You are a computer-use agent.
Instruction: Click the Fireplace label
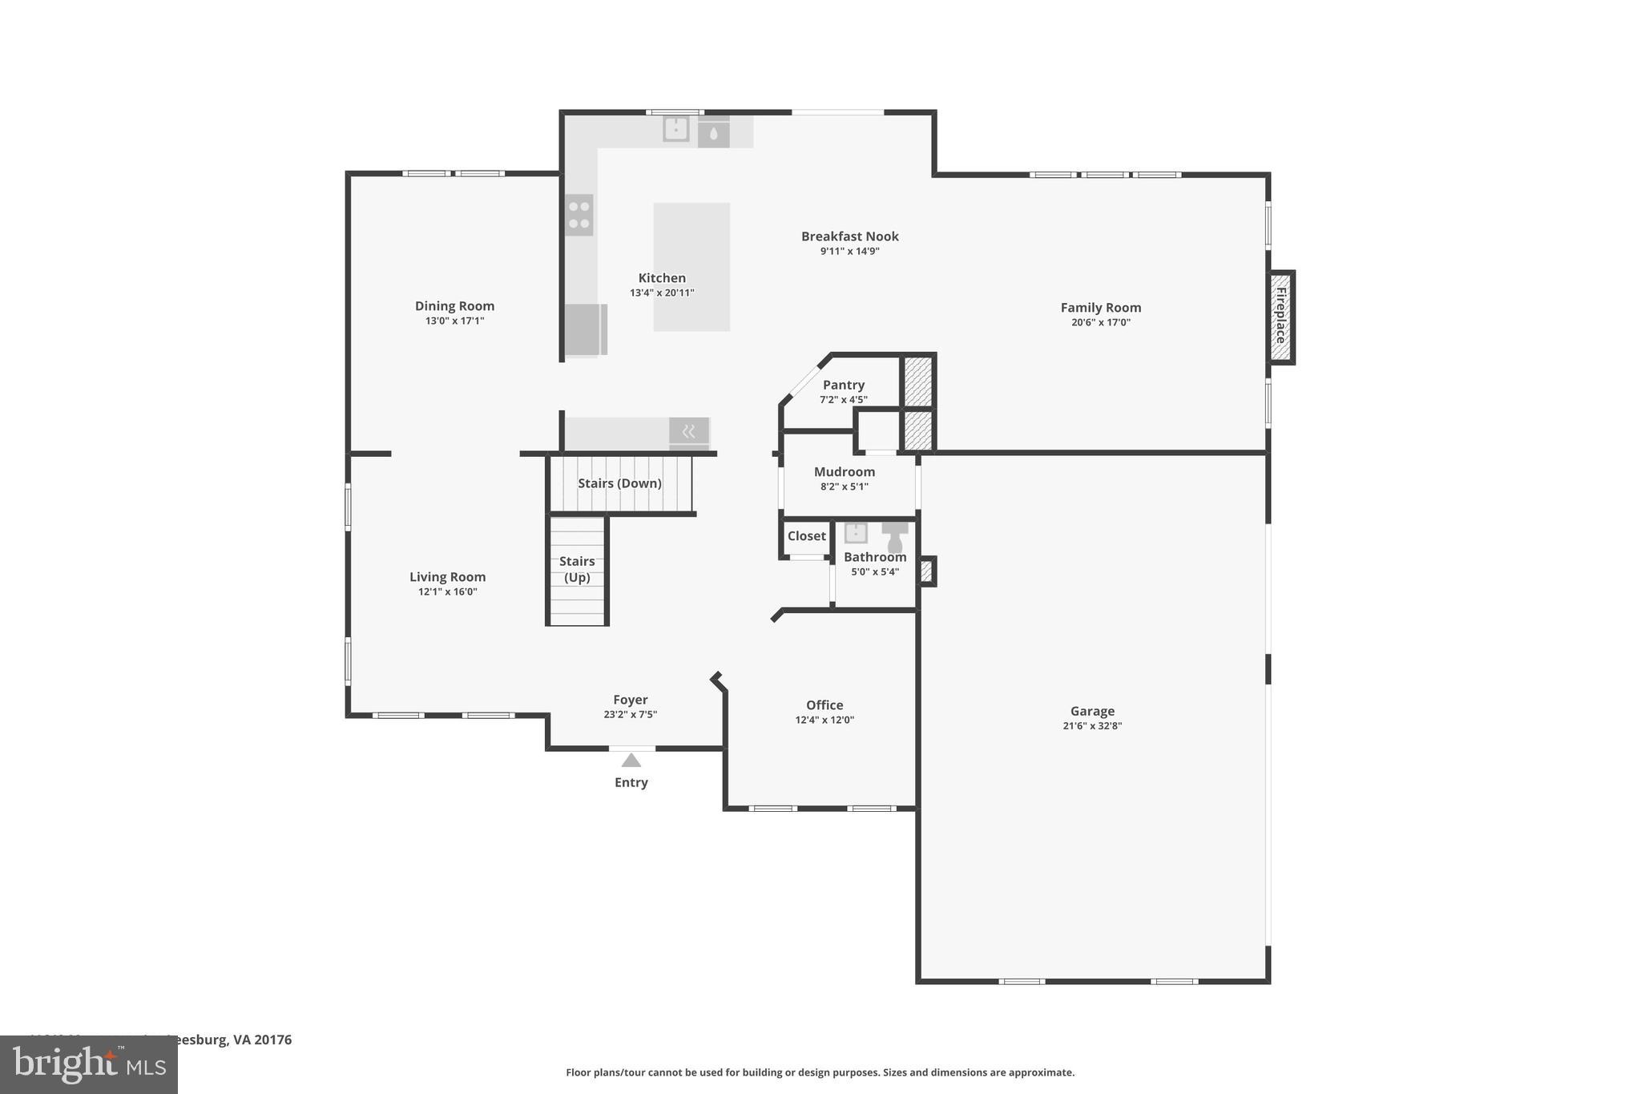[x=1280, y=316]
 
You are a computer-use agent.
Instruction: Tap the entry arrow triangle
[x=631, y=761]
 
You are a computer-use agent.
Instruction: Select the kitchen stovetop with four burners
[x=579, y=215]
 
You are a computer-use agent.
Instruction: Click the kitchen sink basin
[x=676, y=129]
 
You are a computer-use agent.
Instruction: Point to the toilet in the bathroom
[x=895, y=538]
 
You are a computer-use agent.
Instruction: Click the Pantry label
[x=843, y=385]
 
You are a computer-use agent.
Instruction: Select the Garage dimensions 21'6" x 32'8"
[x=1092, y=726]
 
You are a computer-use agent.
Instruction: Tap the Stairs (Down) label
[x=619, y=483]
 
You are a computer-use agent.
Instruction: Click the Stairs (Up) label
[x=577, y=569]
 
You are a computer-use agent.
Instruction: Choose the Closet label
[x=806, y=536]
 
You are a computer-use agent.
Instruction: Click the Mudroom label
[x=844, y=472]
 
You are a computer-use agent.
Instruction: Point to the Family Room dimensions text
[x=1100, y=322]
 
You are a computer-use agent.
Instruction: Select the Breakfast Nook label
[x=849, y=236]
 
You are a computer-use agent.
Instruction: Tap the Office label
[x=825, y=705]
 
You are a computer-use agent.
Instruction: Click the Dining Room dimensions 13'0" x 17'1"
[x=454, y=321]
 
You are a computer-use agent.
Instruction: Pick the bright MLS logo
[x=89, y=1065]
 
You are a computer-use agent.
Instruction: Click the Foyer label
[x=630, y=700]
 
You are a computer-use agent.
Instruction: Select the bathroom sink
[x=856, y=533]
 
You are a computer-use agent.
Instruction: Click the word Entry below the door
[x=631, y=782]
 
